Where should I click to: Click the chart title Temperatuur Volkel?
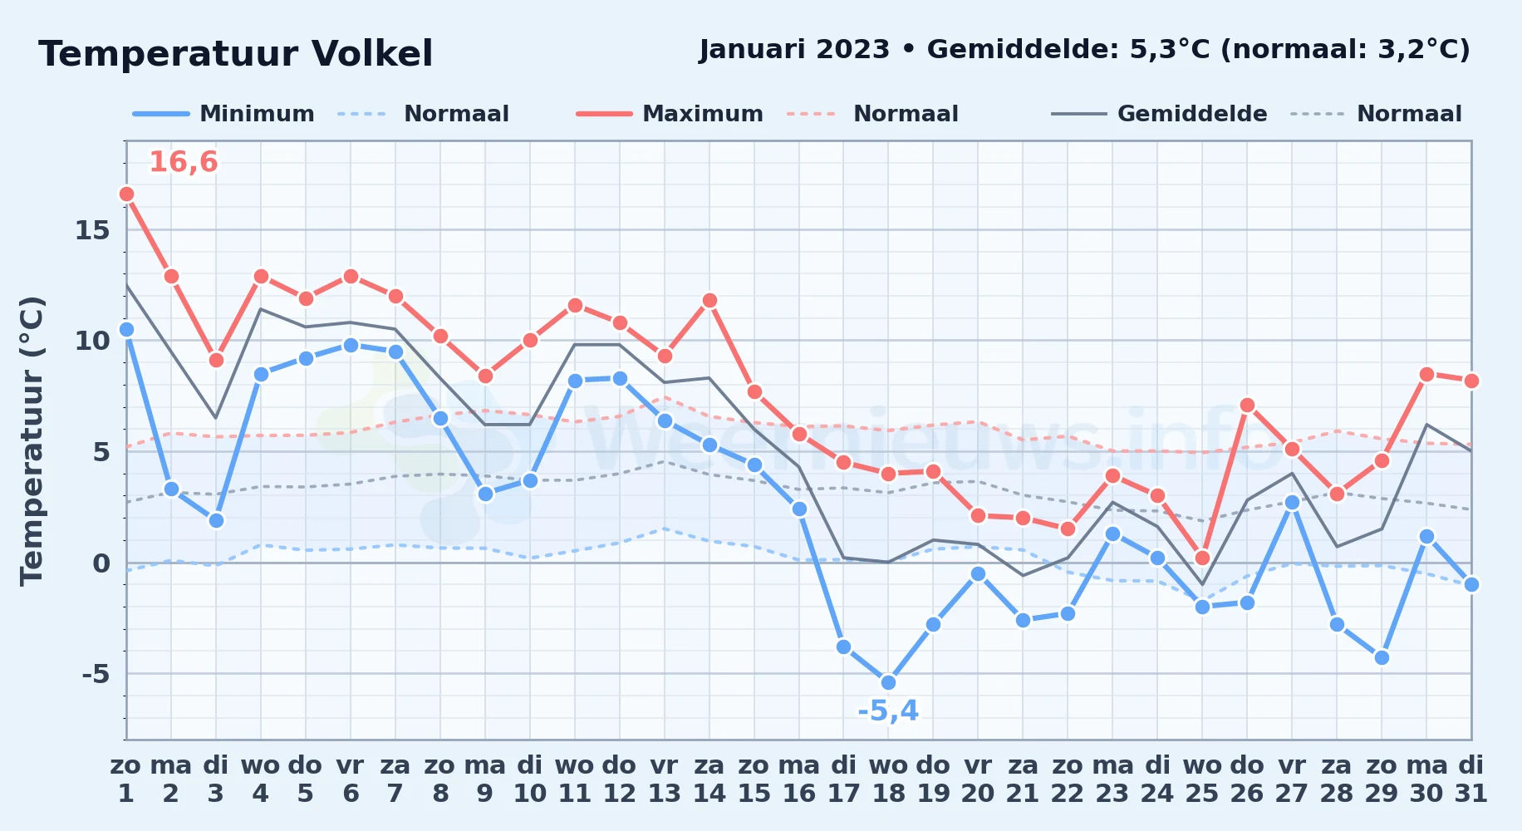click(236, 54)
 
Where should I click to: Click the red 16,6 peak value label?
click(184, 162)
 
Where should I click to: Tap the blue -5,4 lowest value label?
click(888, 711)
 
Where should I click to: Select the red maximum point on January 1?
click(126, 194)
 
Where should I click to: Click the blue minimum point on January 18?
click(888, 682)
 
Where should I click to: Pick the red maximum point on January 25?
click(1202, 558)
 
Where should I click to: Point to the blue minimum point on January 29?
click(1382, 657)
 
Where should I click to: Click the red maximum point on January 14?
click(709, 300)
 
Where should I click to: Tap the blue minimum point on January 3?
click(216, 520)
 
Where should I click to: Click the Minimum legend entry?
click(223, 114)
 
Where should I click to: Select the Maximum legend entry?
click(670, 114)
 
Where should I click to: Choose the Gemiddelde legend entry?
click(1159, 114)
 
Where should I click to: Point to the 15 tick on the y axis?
click(92, 230)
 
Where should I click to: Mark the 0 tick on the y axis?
click(101, 563)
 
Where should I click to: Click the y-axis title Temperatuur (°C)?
click(32, 440)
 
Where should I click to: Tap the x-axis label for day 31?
click(1471, 779)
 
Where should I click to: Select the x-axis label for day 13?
click(665, 779)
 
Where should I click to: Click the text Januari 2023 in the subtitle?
click(794, 50)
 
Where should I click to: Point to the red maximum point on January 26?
click(1247, 405)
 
